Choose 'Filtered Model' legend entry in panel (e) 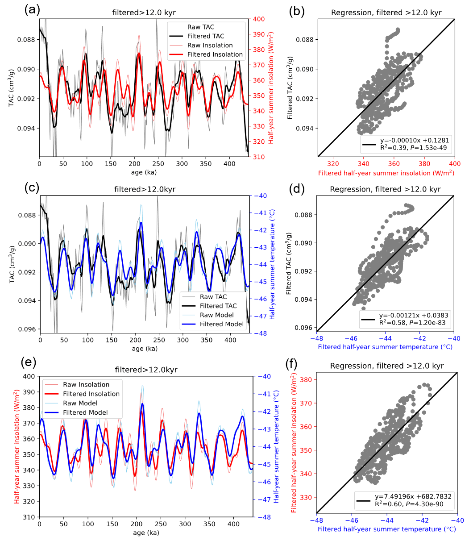point(85,412)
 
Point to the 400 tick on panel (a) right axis point(260,19)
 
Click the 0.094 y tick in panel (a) point(28,128)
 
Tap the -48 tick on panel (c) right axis point(261,333)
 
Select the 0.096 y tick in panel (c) point(28,329)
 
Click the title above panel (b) point(386,12)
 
